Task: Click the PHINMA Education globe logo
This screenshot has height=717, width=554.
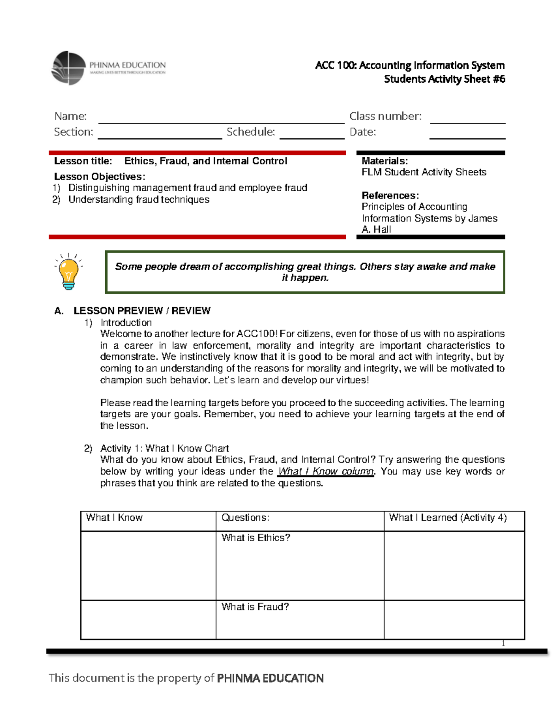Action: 69,68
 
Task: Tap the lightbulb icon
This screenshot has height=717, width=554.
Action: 68,272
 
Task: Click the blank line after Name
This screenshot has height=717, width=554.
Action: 221,119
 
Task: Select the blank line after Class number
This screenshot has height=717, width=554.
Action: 467,119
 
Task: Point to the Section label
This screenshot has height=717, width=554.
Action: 73,132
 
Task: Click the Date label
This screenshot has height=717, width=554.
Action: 362,132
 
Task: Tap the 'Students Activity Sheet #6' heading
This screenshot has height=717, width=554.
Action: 444,79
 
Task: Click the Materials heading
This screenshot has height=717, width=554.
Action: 385,161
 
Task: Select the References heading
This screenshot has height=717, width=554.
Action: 390,195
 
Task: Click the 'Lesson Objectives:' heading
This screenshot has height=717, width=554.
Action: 100,177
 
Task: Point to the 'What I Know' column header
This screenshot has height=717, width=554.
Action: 114,518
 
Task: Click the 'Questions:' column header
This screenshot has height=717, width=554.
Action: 245,518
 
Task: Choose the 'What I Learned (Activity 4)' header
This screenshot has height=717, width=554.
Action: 448,518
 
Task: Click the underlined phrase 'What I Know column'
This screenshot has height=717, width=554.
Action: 325,471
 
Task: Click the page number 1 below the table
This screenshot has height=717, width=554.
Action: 503,644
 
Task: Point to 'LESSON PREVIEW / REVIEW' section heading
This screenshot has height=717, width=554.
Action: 142,311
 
